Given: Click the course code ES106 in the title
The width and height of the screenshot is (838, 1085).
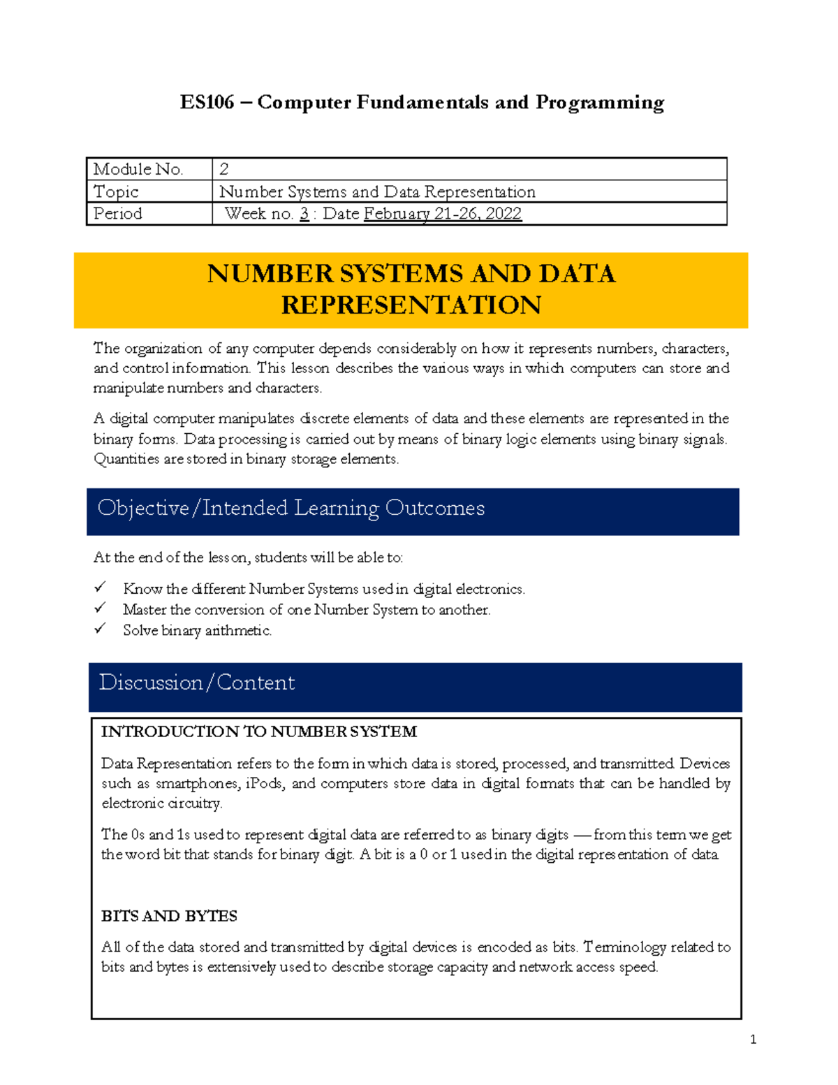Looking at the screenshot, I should (x=207, y=103).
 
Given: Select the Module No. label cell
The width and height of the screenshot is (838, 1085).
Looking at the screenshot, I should (x=138, y=169).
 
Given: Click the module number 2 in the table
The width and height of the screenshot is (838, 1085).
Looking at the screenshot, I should (x=224, y=169).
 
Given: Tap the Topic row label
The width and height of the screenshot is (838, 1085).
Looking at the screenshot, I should (x=116, y=191).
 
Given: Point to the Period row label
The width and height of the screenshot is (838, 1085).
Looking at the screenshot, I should (x=118, y=214).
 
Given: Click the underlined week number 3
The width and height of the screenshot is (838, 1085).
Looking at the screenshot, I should (x=304, y=214).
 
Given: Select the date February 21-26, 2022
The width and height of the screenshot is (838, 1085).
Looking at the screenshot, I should (x=443, y=214).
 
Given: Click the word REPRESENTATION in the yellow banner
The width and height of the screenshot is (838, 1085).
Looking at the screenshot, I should (x=411, y=305).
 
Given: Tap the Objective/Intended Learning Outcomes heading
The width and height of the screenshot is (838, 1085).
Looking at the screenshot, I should (x=291, y=508).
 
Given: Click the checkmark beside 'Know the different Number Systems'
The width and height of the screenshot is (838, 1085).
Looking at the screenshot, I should (x=101, y=587).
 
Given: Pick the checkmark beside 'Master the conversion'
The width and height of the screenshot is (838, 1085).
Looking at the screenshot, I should (x=101, y=608).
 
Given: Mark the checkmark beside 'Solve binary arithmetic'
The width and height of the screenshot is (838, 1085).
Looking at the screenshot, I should (x=101, y=629).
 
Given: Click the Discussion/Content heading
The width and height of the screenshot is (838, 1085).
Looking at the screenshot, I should (x=197, y=683).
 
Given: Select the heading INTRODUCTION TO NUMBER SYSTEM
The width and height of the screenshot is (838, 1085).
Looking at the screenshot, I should (x=259, y=731).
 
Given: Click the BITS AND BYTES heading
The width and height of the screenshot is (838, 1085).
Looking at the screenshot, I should (x=169, y=916).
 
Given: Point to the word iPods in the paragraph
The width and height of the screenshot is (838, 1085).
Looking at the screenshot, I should (x=265, y=784).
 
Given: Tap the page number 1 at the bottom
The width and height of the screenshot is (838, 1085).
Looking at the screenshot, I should (x=753, y=1040).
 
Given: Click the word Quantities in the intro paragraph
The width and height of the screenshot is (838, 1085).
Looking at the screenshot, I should (x=126, y=459).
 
